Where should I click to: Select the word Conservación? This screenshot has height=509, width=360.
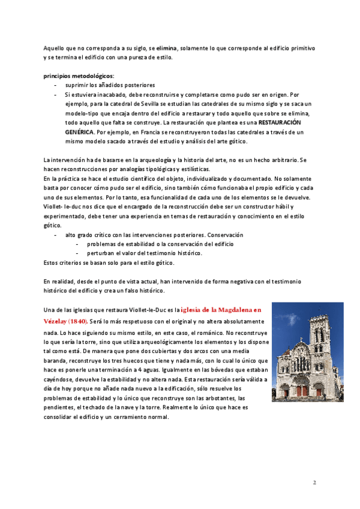[x=223, y=235]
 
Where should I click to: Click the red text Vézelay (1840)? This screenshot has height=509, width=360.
[x=65, y=321]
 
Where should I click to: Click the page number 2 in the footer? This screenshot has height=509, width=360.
[x=314, y=482]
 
